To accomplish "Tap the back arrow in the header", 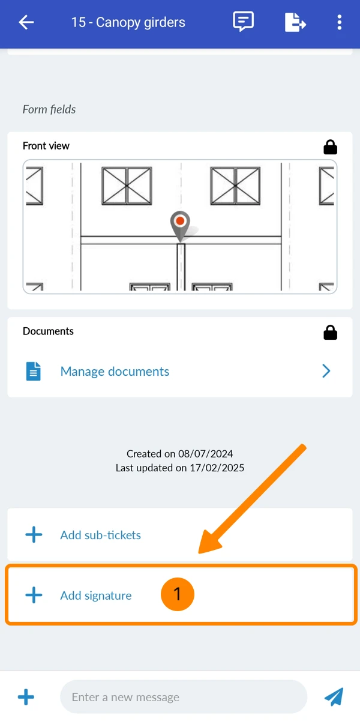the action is (x=26, y=22).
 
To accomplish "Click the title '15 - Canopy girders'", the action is (x=128, y=23).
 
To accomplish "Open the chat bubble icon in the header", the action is (x=243, y=22).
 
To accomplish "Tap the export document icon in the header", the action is (x=295, y=22).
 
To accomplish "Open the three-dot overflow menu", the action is (x=340, y=22).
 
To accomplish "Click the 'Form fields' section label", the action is (x=49, y=109).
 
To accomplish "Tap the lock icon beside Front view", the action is (x=331, y=147).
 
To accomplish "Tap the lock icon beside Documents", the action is (x=331, y=333).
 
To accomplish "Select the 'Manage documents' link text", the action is (x=115, y=372).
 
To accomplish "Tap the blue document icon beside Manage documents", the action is (x=34, y=372).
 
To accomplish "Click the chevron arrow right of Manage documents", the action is (x=326, y=371).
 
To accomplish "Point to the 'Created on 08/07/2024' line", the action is (x=180, y=453).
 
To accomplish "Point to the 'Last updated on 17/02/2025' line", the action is (x=180, y=468).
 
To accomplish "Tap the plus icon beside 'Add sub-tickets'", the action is (x=34, y=535).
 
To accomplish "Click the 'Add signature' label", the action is (x=96, y=596).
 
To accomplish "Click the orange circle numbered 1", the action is (x=178, y=594).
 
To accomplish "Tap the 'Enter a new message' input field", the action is (x=184, y=697).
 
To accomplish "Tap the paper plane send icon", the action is (x=334, y=697).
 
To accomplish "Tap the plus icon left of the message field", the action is (x=26, y=697).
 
